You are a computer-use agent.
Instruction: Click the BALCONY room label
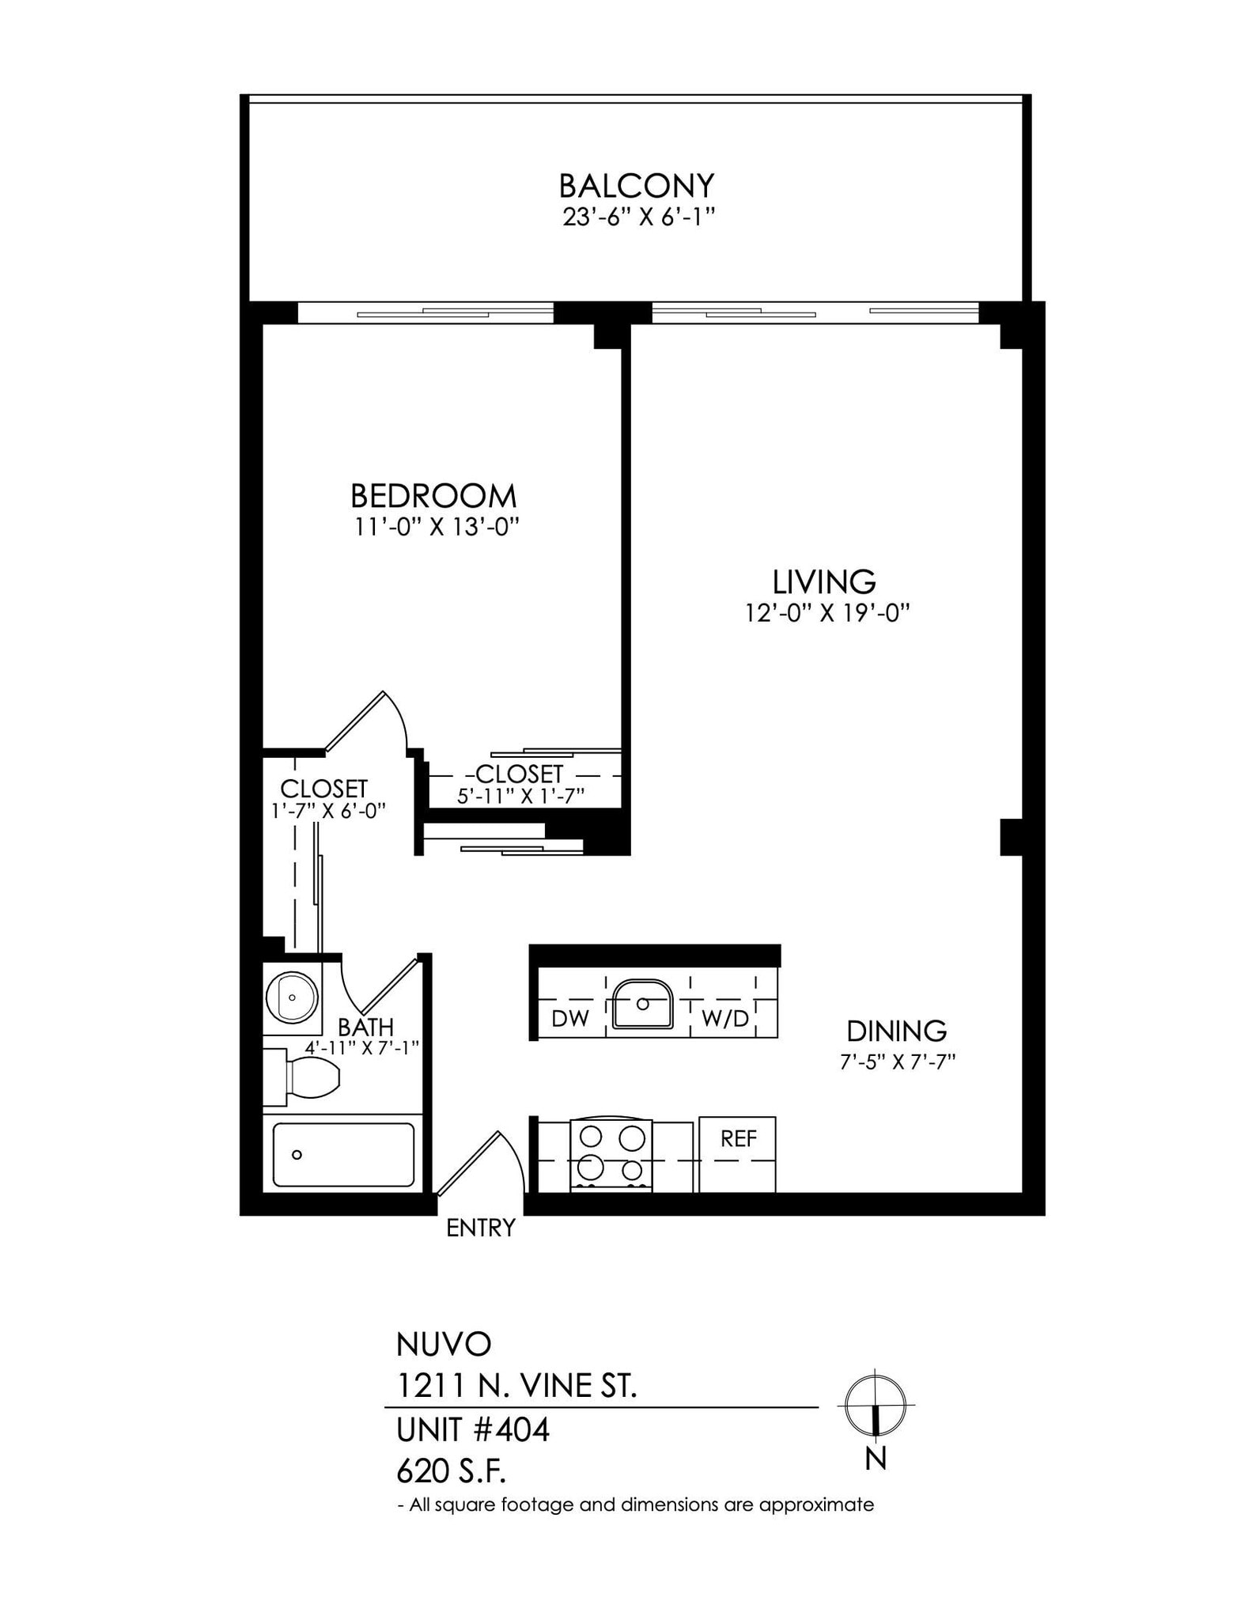(x=636, y=185)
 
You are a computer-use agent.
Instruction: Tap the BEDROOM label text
(x=433, y=496)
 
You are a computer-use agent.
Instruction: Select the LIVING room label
(x=823, y=581)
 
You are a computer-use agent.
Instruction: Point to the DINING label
(x=896, y=1031)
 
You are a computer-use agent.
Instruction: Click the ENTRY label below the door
(x=480, y=1227)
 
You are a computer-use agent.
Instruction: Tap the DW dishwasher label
(x=569, y=1018)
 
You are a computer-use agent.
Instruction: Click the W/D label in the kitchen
(x=724, y=1018)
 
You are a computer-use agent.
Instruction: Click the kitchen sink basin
(x=642, y=1004)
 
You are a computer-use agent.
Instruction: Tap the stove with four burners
(x=611, y=1154)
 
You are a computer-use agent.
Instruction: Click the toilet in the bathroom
(x=304, y=1077)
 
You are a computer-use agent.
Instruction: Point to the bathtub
(x=343, y=1154)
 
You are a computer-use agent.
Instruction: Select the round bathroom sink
(x=291, y=996)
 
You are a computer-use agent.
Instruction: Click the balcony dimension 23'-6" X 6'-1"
(x=638, y=217)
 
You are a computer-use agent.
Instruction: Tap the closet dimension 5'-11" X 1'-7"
(x=520, y=795)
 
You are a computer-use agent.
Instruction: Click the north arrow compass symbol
(x=875, y=1405)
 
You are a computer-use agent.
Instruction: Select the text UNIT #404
(x=472, y=1429)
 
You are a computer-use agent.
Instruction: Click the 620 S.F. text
(x=450, y=1470)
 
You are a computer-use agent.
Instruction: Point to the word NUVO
(x=443, y=1343)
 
